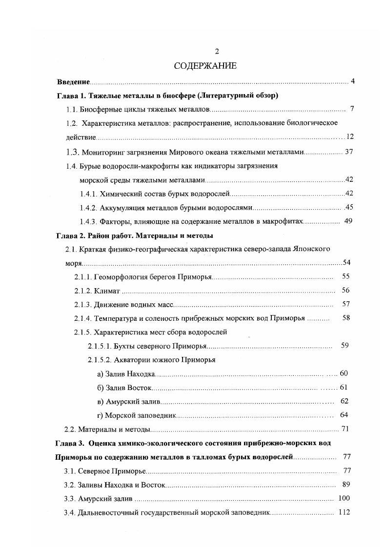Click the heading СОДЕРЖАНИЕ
[x=205, y=66]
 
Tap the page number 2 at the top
[x=217, y=52]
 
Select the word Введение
[x=74, y=81]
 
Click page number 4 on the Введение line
[x=352, y=81]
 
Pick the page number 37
[x=348, y=152]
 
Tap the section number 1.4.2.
[x=89, y=207]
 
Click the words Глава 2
[x=72, y=235]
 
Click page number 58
[x=346, y=318]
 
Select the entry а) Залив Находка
[x=126, y=374]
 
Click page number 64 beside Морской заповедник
[x=344, y=415]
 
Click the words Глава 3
[x=72, y=443]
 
